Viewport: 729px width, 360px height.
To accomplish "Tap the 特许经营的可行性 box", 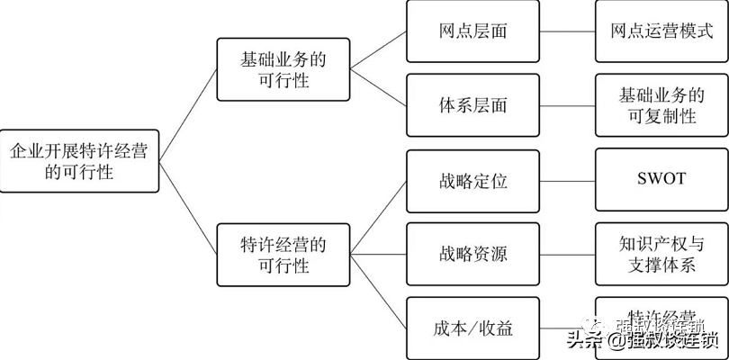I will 283,255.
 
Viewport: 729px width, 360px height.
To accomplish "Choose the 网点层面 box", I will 472,31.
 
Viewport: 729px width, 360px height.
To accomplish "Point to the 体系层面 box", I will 472,105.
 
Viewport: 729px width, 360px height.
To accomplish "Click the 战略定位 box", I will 472,180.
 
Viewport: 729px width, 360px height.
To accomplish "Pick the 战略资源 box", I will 472,254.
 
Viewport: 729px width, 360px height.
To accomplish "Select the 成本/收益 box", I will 472,328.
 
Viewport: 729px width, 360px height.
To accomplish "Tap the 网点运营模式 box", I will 661,31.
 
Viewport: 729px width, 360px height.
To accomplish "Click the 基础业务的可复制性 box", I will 661,105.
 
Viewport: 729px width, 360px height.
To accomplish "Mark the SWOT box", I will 661,180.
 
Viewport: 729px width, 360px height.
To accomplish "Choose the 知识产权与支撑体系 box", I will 661,254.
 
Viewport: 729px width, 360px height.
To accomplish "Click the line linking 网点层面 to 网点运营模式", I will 567,31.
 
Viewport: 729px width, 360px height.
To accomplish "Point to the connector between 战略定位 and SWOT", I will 567,180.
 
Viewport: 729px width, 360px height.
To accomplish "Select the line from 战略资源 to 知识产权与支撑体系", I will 567,254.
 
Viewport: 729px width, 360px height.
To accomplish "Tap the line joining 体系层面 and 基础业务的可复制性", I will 567,105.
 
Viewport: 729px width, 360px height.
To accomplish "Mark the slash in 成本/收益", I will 474,328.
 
